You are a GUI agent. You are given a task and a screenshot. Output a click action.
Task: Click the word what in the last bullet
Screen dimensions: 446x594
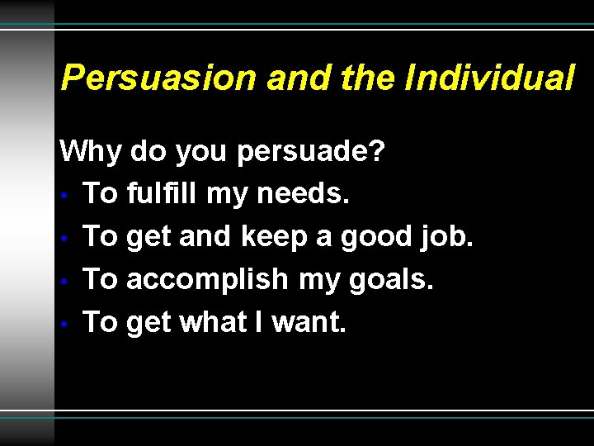(221, 323)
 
